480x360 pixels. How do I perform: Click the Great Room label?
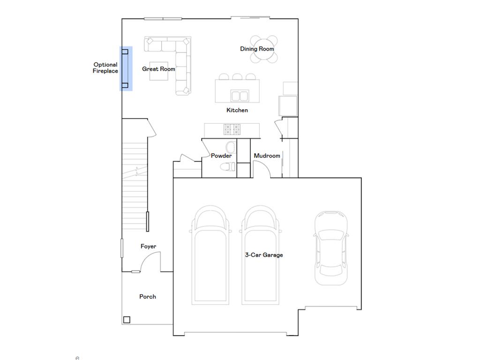click(158, 69)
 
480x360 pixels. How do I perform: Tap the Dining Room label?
click(257, 49)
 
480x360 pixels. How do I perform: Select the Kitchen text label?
click(237, 110)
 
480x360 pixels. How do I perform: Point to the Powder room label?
click(221, 156)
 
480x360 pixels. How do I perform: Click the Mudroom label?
click(267, 156)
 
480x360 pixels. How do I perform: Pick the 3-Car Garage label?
click(264, 255)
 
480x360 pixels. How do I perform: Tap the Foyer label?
click(149, 247)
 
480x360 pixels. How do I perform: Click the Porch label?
click(148, 297)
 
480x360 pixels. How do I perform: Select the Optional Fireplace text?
click(105, 68)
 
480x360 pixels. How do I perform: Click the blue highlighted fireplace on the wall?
click(126, 68)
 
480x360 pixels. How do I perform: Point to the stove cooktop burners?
click(232, 129)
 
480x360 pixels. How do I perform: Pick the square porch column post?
click(127, 320)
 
